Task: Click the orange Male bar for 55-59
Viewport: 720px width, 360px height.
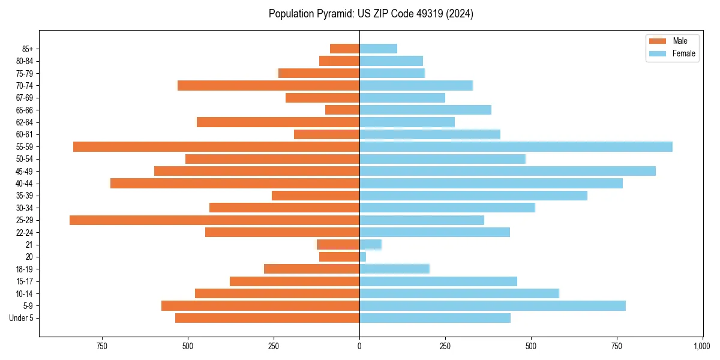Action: point(216,146)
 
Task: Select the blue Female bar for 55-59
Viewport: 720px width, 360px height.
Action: point(516,146)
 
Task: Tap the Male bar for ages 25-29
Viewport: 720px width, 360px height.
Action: point(214,220)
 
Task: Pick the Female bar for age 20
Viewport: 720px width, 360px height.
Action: point(363,257)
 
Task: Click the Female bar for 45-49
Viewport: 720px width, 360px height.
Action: point(508,171)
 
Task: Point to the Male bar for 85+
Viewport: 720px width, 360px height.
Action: point(345,49)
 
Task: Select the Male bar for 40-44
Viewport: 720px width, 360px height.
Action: point(235,183)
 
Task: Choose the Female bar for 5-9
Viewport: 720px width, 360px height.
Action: point(493,306)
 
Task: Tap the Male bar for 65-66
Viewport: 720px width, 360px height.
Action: point(343,110)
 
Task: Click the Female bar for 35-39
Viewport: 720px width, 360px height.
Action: point(473,196)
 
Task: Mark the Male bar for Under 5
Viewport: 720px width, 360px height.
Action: point(267,318)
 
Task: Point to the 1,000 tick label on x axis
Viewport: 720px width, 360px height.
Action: point(702,346)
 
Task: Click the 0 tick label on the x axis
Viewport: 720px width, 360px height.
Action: point(359,346)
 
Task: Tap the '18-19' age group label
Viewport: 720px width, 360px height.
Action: point(24,269)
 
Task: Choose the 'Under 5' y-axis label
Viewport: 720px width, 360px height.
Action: point(22,318)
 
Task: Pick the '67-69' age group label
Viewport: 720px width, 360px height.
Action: point(24,98)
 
